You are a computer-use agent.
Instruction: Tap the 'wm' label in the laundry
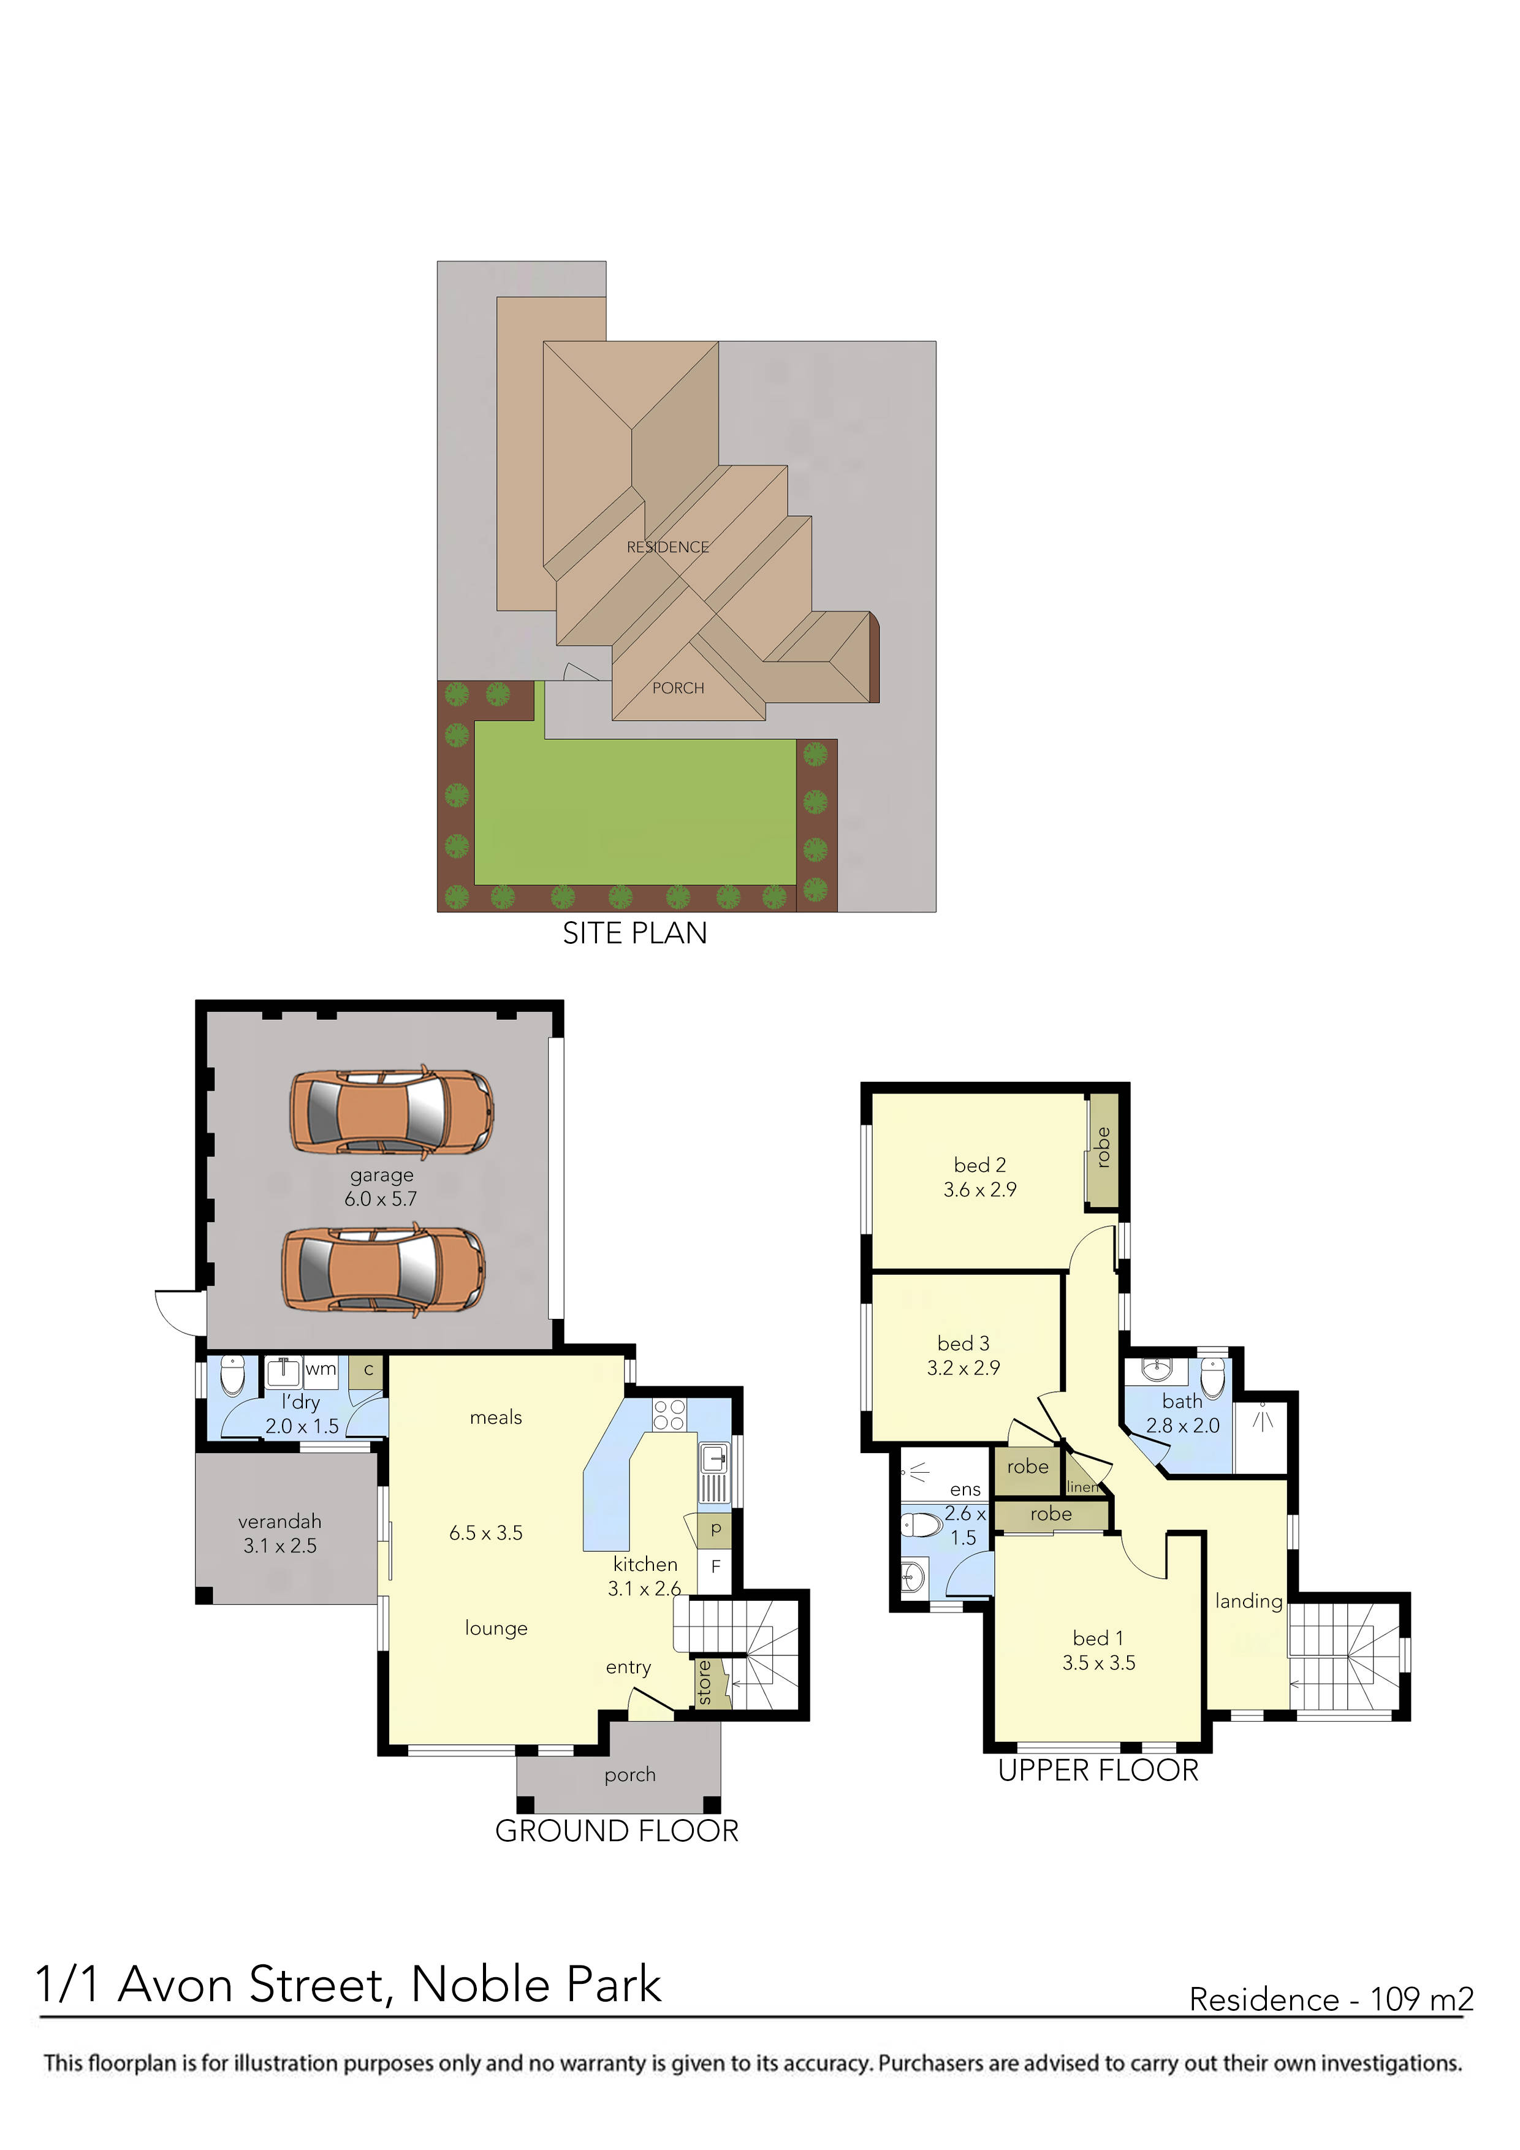(x=321, y=1369)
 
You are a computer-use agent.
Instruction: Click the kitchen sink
(x=713, y=1458)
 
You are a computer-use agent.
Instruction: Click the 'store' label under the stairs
(x=704, y=1683)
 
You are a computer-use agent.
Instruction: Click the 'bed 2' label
(x=979, y=1165)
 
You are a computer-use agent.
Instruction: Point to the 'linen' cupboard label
(x=1082, y=1487)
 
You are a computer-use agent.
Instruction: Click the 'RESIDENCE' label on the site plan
(x=667, y=547)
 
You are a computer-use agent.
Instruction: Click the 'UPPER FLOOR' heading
(x=1098, y=1771)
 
